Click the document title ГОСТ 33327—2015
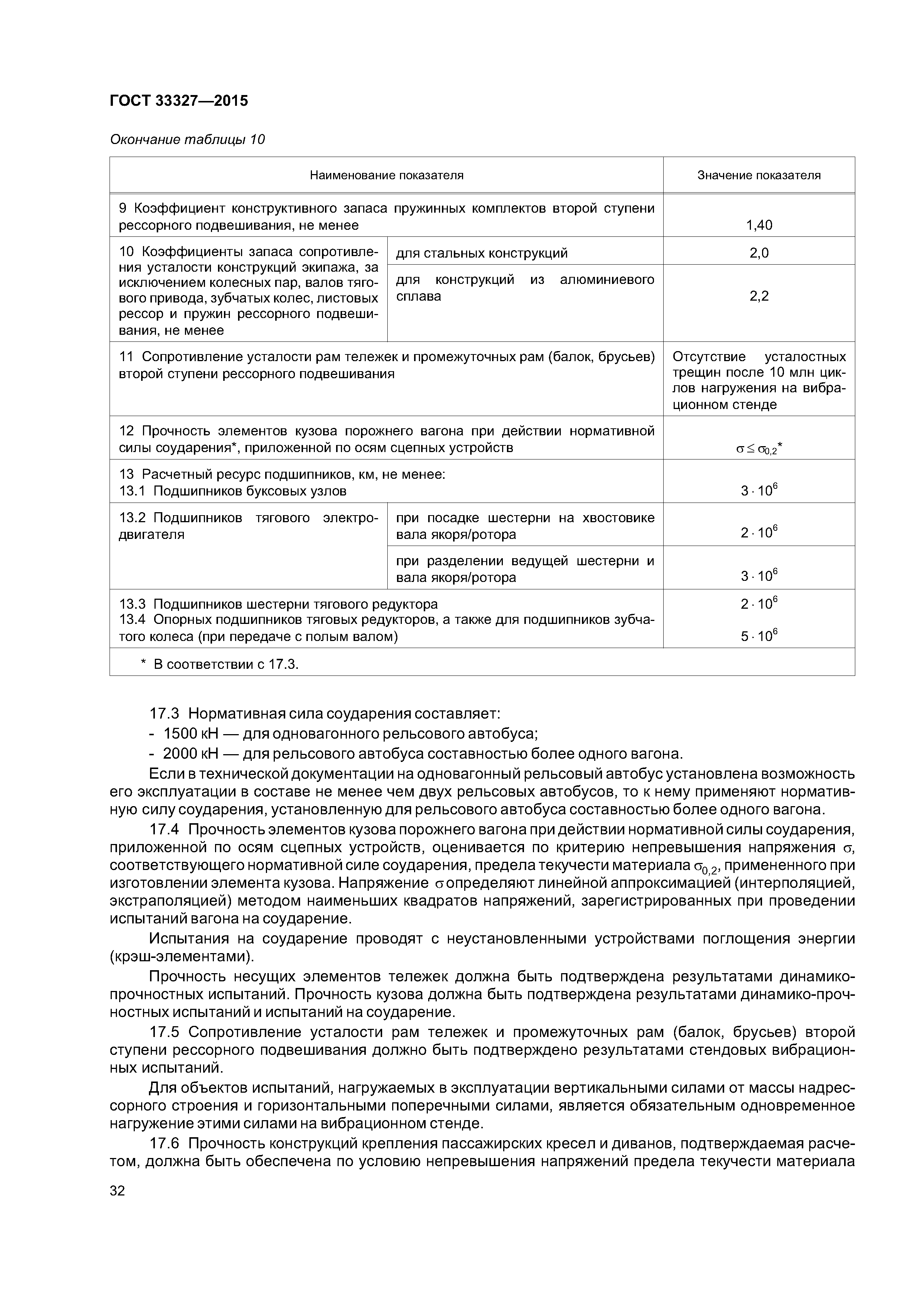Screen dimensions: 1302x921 pos(179,101)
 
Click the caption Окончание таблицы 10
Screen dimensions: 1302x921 pos(187,140)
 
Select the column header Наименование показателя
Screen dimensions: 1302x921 pos(387,175)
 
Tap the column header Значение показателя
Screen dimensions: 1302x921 pos(759,175)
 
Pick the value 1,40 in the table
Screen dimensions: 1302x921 pos(759,225)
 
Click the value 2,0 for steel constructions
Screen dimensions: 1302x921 pos(759,253)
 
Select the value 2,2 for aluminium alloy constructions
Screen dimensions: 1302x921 pos(759,296)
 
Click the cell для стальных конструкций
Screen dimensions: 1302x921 pos(481,253)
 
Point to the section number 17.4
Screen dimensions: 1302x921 pos(164,830)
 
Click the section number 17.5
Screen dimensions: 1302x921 pos(164,1031)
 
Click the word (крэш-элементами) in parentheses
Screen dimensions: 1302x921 pos(182,957)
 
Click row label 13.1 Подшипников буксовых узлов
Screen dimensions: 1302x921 pos(232,491)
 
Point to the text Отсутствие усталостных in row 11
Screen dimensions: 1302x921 pos(759,357)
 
